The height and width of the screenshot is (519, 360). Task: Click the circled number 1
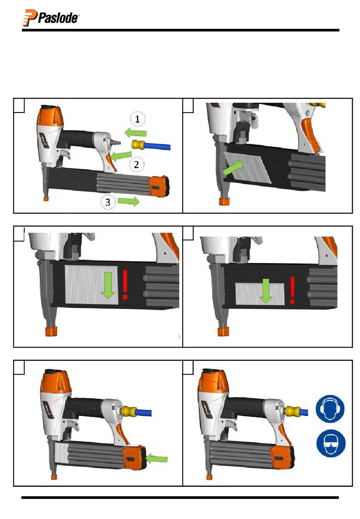[137, 119]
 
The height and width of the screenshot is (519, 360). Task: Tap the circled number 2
[136, 165]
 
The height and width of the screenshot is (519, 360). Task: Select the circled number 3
[108, 202]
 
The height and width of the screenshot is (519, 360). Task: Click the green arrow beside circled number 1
[136, 133]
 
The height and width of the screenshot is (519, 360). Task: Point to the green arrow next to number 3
[128, 201]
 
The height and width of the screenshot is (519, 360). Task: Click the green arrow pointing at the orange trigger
[121, 155]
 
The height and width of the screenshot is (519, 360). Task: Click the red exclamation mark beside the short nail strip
[293, 290]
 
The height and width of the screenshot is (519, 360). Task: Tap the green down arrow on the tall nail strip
[108, 285]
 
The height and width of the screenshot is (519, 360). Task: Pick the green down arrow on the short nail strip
[266, 291]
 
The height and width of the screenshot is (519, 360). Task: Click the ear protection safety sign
[330, 409]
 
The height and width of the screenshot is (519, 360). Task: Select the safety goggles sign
[331, 443]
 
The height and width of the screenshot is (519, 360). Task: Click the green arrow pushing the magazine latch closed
[157, 459]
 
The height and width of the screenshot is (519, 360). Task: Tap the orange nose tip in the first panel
[46, 198]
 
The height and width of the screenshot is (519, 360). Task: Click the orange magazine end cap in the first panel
[159, 186]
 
